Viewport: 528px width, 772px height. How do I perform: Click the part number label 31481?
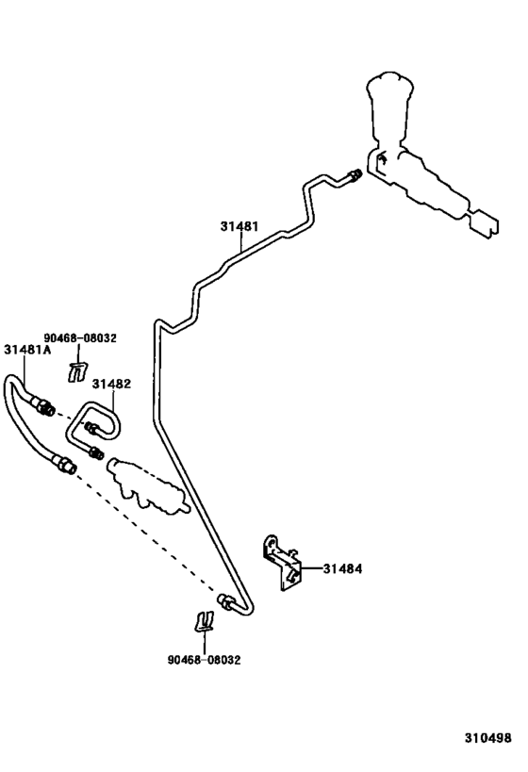coord(240,227)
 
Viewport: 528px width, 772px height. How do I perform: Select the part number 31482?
coord(111,384)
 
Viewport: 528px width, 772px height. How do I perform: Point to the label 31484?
coord(342,568)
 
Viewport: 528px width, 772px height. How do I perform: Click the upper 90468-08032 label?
coord(80,337)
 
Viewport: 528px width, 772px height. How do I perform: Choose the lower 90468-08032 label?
coord(205,660)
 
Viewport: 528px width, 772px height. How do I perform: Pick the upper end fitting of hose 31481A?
coord(43,406)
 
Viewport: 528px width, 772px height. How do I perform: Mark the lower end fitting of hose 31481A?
coord(64,464)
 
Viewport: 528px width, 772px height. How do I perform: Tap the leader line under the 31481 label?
coord(242,244)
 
